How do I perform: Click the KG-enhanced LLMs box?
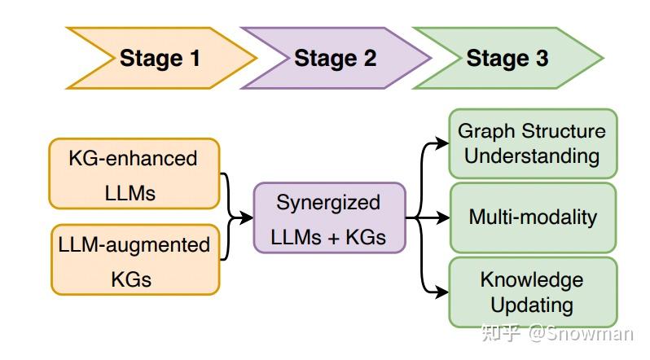pyautogui.click(x=134, y=173)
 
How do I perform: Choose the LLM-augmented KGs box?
pyautogui.click(x=134, y=260)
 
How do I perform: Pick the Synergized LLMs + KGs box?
pyautogui.click(x=328, y=217)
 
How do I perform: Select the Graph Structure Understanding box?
pyautogui.click(x=532, y=143)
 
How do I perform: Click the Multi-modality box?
pyautogui.click(x=532, y=217)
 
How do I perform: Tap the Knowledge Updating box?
pyautogui.click(x=532, y=292)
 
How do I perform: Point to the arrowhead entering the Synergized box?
pyautogui.click(x=247, y=217)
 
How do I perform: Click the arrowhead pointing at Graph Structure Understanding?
pyautogui.click(x=443, y=143)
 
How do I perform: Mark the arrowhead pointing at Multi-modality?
pyautogui.click(x=443, y=217)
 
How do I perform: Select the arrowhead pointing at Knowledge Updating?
pyautogui.click(x=443, y=292)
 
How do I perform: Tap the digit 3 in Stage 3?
pyautogui.click(x=540, y=59)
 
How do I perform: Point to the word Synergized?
pyautogui.click(x=328, y=202)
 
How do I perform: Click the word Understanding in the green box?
pyautogui.click(x=532, y=156)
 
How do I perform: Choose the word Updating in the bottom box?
pyautogui.click(x=532, y=305)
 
